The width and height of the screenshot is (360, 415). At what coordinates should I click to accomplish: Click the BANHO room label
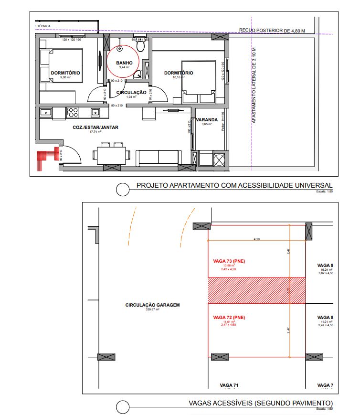point(124,63)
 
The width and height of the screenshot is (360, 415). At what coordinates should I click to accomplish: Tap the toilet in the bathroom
point(140,46)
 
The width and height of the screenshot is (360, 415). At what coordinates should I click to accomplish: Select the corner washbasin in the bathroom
point(138,74)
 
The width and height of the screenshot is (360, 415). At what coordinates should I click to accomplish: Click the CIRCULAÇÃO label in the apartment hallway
point(131,92)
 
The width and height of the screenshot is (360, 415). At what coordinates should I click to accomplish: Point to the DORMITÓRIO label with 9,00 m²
point(65,73)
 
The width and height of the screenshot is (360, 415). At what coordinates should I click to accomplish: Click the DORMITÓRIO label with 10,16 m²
point(179,73)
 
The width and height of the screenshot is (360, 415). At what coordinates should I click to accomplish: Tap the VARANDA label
point(207,120)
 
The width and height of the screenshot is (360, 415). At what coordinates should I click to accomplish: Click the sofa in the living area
point(159,157)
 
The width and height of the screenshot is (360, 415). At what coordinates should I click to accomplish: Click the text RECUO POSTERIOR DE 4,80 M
point(272,31)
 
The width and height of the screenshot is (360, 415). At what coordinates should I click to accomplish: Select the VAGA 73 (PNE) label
point(230,261)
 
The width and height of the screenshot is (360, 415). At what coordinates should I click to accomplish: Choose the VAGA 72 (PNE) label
point(230,317)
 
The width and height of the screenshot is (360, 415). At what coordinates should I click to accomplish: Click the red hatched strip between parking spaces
point(256,290)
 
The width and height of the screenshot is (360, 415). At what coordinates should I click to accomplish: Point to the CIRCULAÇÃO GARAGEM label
point(146,305)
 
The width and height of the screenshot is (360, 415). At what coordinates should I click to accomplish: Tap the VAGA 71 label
point(229,385)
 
